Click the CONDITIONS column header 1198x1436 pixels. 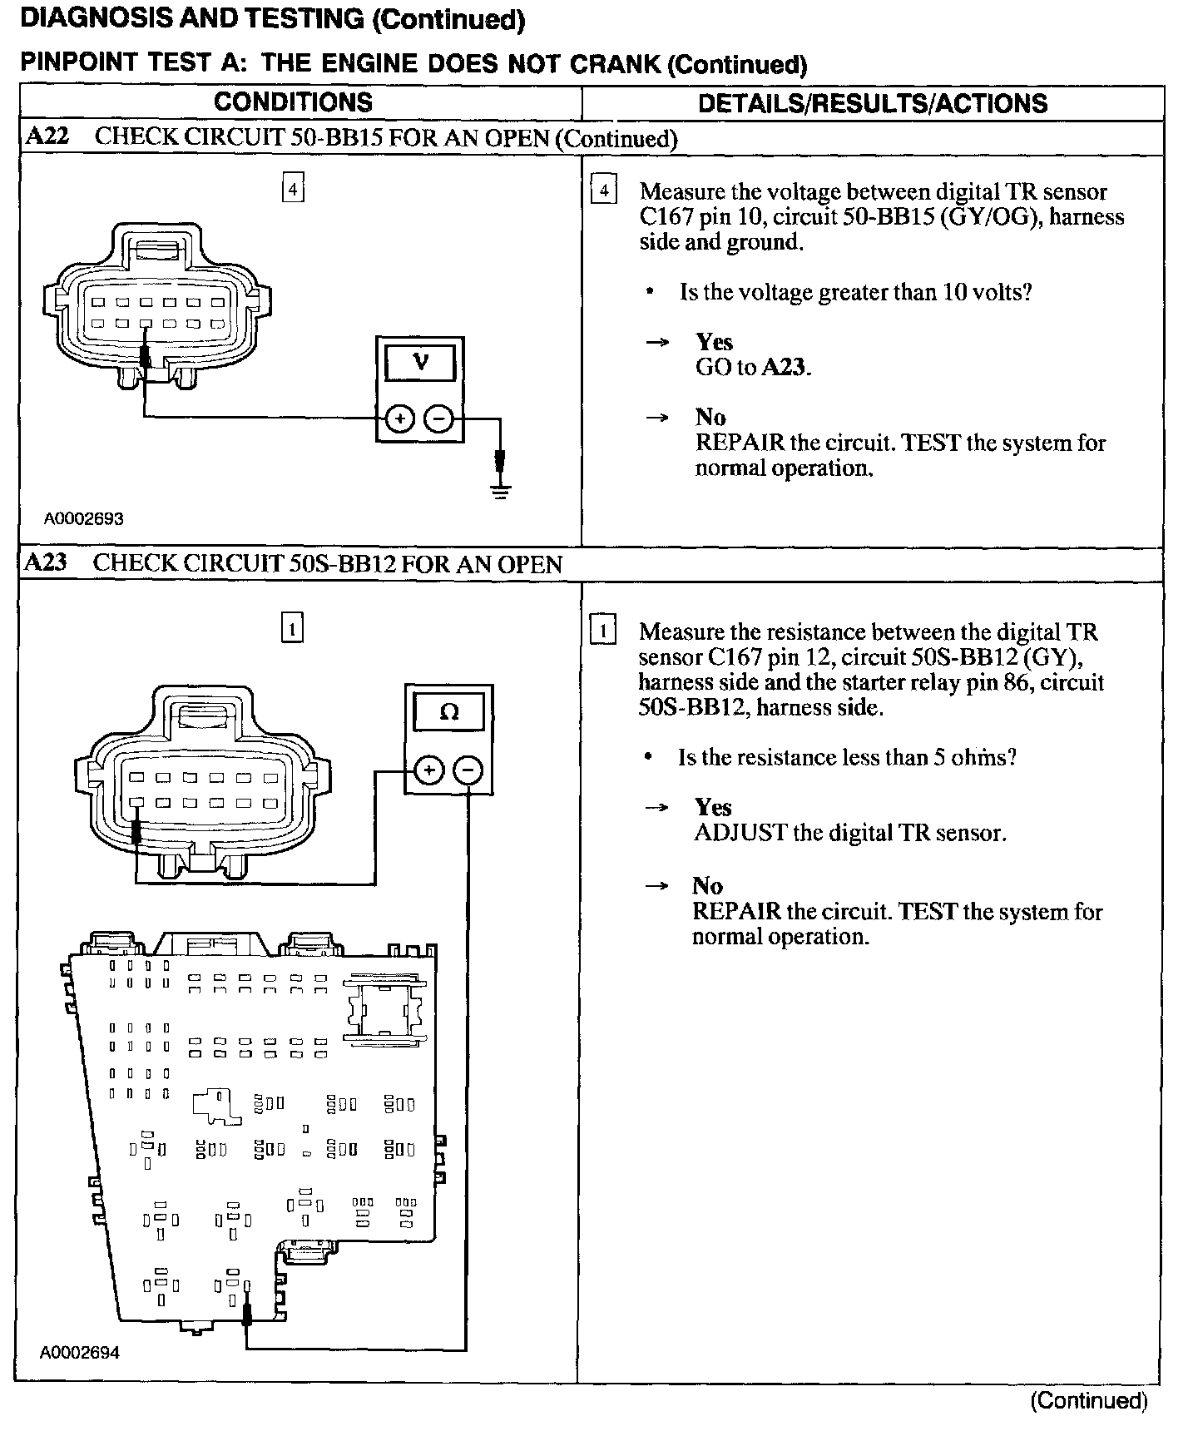pyautogui.click(x=293, y=102)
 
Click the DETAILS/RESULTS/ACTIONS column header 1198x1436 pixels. pyautogui.click(x=872, y=103)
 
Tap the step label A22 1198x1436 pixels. pyautogui.click(x=47, y=136)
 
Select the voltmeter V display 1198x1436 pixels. pyautogui.click(x=420, y=364)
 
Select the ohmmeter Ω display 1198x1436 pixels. pyautogui.click(x=448, y=713)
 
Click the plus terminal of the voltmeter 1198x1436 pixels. pyautogui.click(x=399, y=419)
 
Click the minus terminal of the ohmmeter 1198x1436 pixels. pyautogui.click(x=468, y=771)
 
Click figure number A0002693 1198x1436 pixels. pyautogui.click(x=84, y=519)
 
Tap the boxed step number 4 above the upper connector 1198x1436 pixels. pyautogui.click(x=293, y=190)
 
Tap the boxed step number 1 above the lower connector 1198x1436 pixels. pyautogui.click(x=292, y=628)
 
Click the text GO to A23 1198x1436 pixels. pyautogui.click(x=753, y=367)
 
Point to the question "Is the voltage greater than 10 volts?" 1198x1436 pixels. pyautogui.click(x=855, y=292)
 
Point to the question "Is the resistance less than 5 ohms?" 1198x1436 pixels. pyautogui.click(x=847, y=757)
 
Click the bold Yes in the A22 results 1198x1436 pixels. pyautogui.click(x=714, y=342)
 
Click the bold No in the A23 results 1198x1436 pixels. pyautogui.click(x=707, y=885)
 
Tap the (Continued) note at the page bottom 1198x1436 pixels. pyautogui.click(x=1088, y=1400)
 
